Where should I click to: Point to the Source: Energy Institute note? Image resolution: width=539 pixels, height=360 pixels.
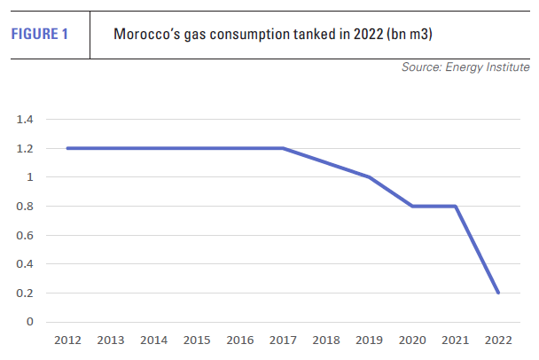tap(465, 67)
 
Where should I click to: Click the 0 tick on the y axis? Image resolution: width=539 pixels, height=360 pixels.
tap(29, 322)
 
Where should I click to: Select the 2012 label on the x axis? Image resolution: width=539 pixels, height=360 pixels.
tap(67, 340)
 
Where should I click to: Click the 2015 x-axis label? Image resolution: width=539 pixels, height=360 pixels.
tap(197, 340)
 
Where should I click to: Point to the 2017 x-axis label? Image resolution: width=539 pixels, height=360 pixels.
tap(284, 340)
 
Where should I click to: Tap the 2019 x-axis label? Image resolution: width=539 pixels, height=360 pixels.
tap(370, 340)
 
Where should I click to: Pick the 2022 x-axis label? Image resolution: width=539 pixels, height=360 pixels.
tap(499, 340)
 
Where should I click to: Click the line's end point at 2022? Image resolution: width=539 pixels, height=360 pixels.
tap(499, 293)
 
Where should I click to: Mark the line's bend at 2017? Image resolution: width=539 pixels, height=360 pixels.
tap(284, 148)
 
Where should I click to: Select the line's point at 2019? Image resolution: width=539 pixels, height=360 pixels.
tap(370, 177)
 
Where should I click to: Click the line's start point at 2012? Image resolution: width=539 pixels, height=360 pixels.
tap(67, 148)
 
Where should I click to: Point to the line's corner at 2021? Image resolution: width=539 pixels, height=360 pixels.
tap(456, 207)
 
